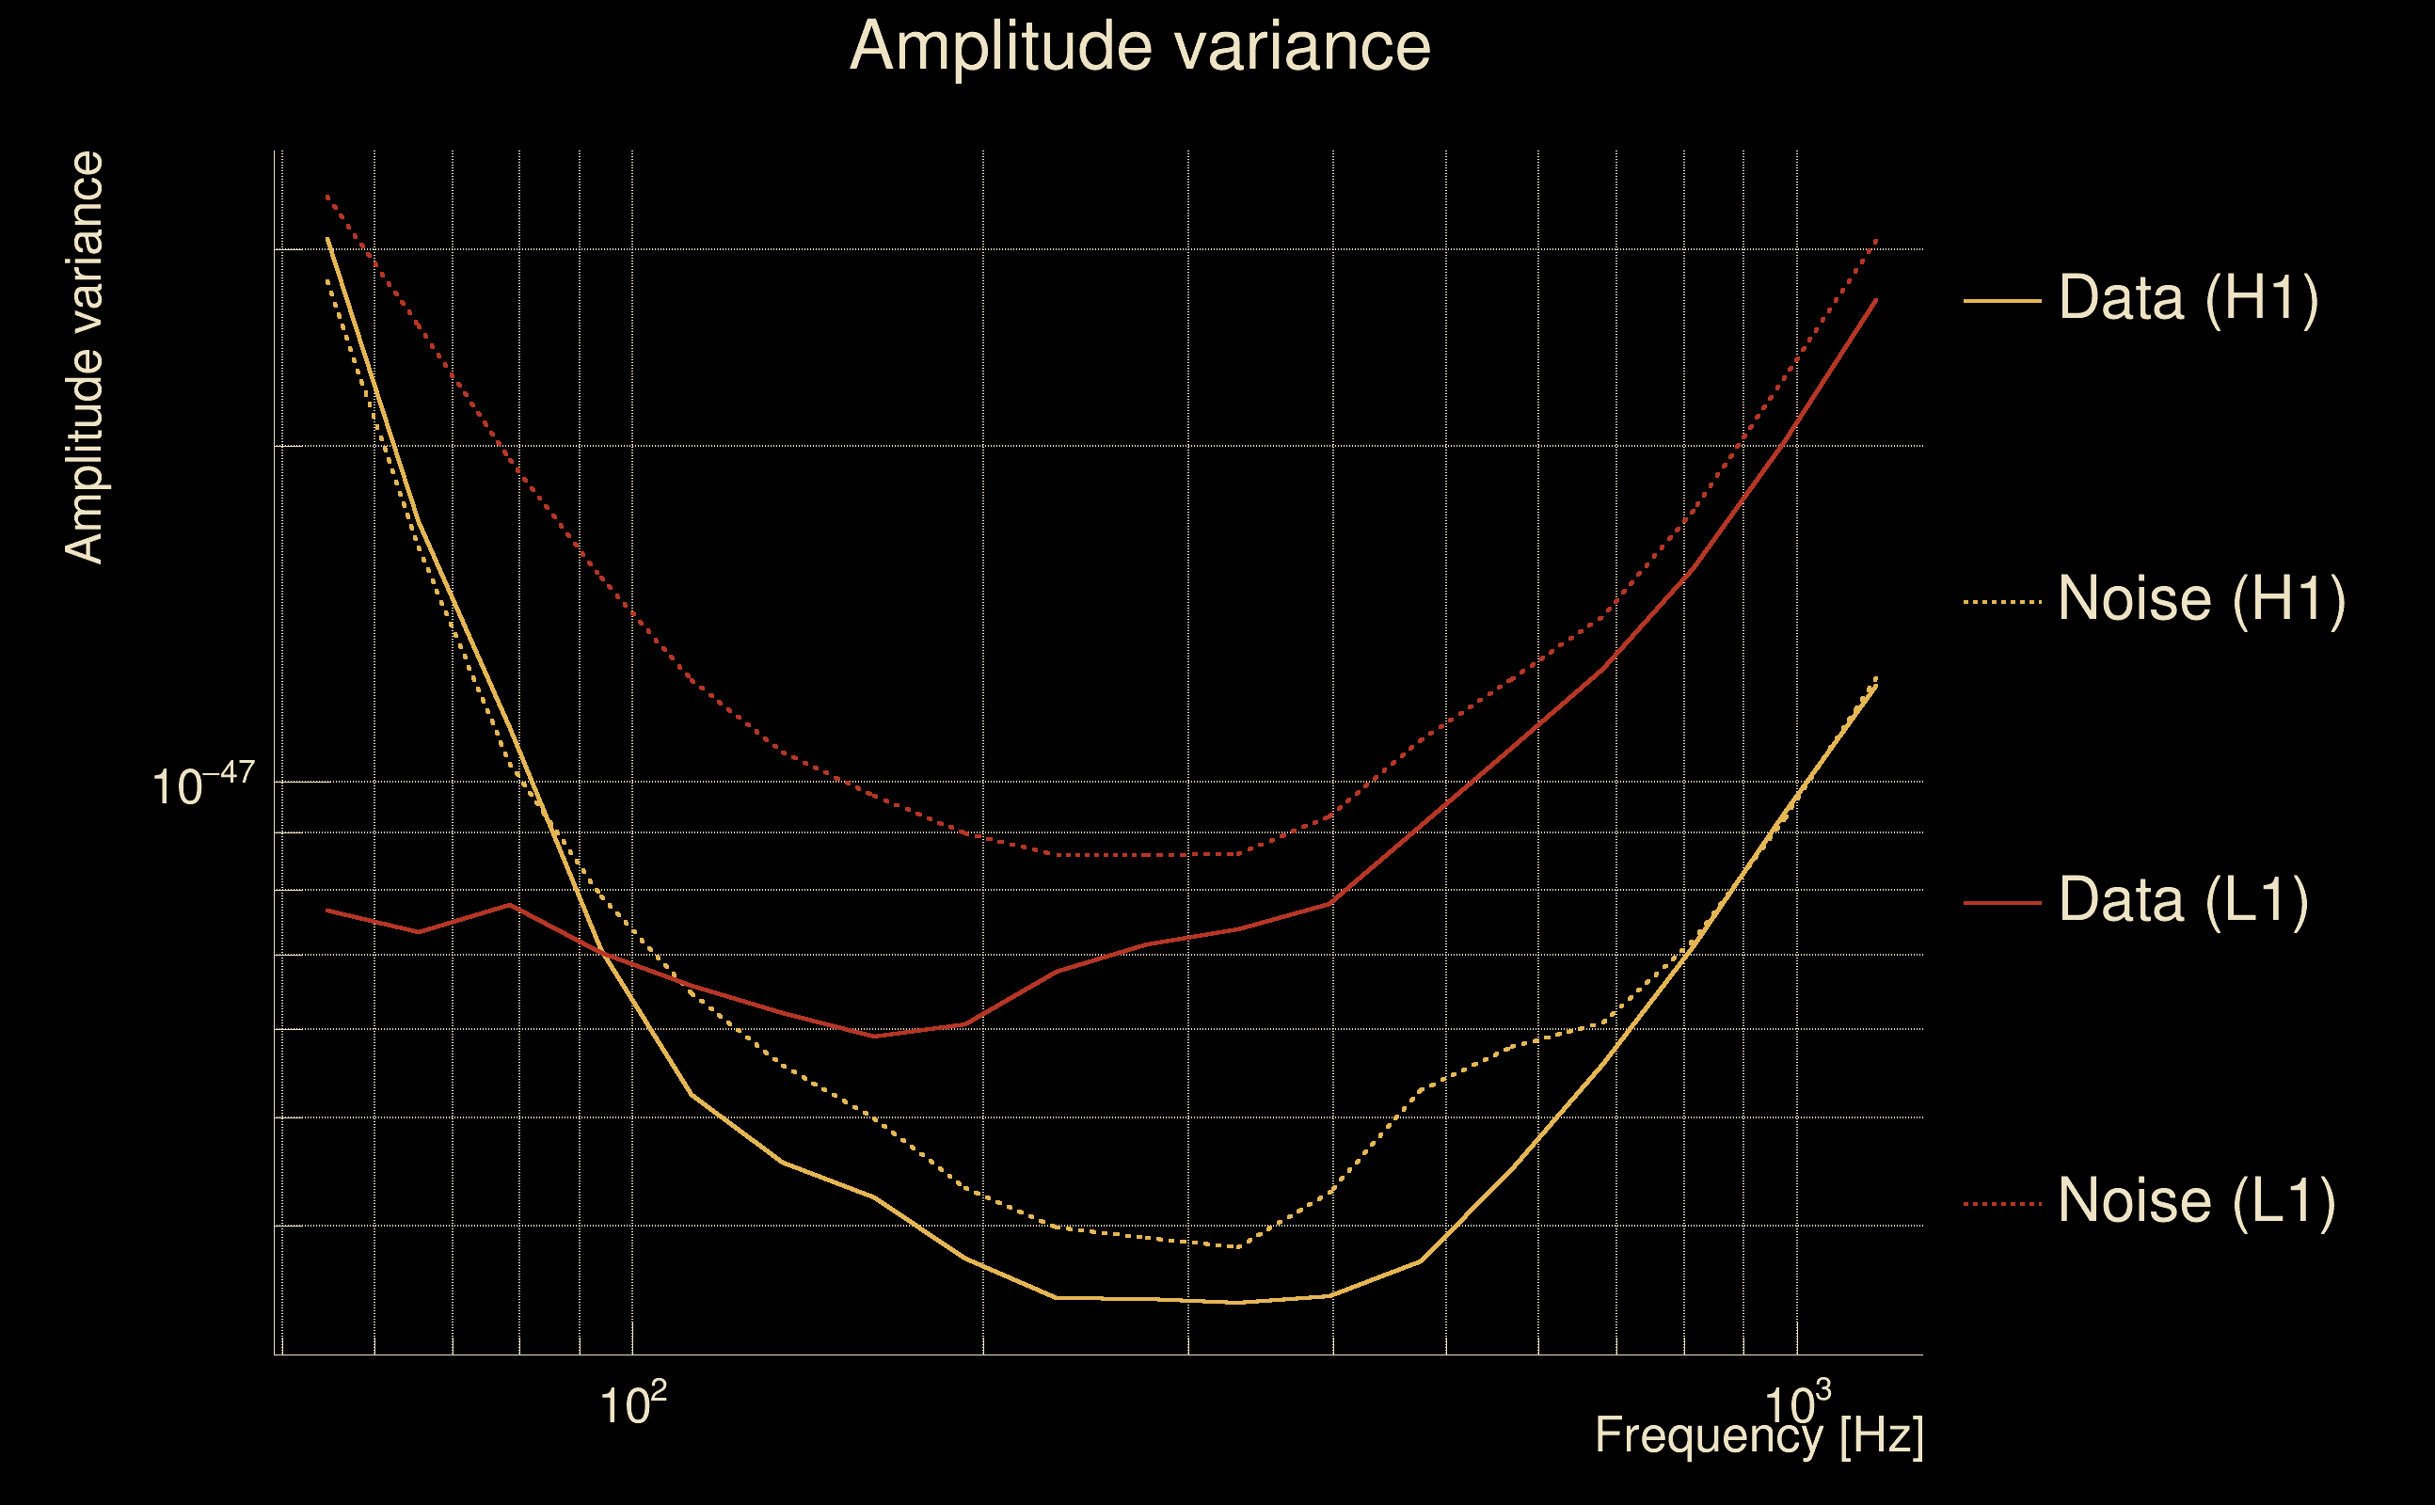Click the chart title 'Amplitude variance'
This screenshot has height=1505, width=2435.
pos(1139,47)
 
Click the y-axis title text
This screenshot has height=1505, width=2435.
pos(84,358)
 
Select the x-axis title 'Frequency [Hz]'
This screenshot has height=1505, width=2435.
pos(1759,1435)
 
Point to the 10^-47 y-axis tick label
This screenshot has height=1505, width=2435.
pos(203,784)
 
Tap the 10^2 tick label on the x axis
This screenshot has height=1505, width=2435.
pos(632,1404)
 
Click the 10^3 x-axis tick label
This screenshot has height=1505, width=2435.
pos(1797,1404)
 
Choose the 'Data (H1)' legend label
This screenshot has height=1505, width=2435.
pos(2188,297)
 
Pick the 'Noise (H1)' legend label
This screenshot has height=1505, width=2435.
pos(2201,599)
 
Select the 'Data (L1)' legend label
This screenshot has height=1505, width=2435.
pos(2182,901)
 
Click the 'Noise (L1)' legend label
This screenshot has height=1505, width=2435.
pos(2196,1201)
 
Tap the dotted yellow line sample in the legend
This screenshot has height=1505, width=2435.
pos(2002,601)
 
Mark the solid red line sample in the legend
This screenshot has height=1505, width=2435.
pos(2002,903)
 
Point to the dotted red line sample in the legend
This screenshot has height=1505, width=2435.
pos(2002,1204)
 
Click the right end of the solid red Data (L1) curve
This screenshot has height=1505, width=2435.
pos(1876,300)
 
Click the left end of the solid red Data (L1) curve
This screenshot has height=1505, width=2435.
pos(327,910)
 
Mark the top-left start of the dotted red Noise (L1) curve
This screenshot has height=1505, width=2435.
pos(327,196)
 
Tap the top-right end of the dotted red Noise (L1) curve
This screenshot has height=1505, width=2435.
pos(1876,240)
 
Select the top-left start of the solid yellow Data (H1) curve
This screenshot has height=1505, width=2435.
pos(327,239)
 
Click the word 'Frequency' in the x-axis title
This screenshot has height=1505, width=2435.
pos(1709,1435)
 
